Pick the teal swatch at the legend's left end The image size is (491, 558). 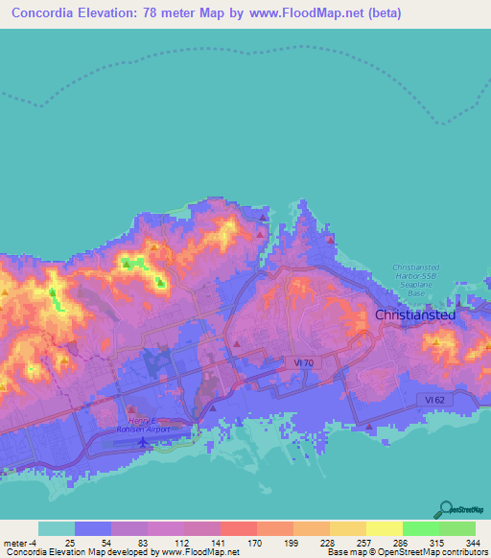(57, 528)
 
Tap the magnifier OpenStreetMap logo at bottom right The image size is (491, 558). (447, 509)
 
